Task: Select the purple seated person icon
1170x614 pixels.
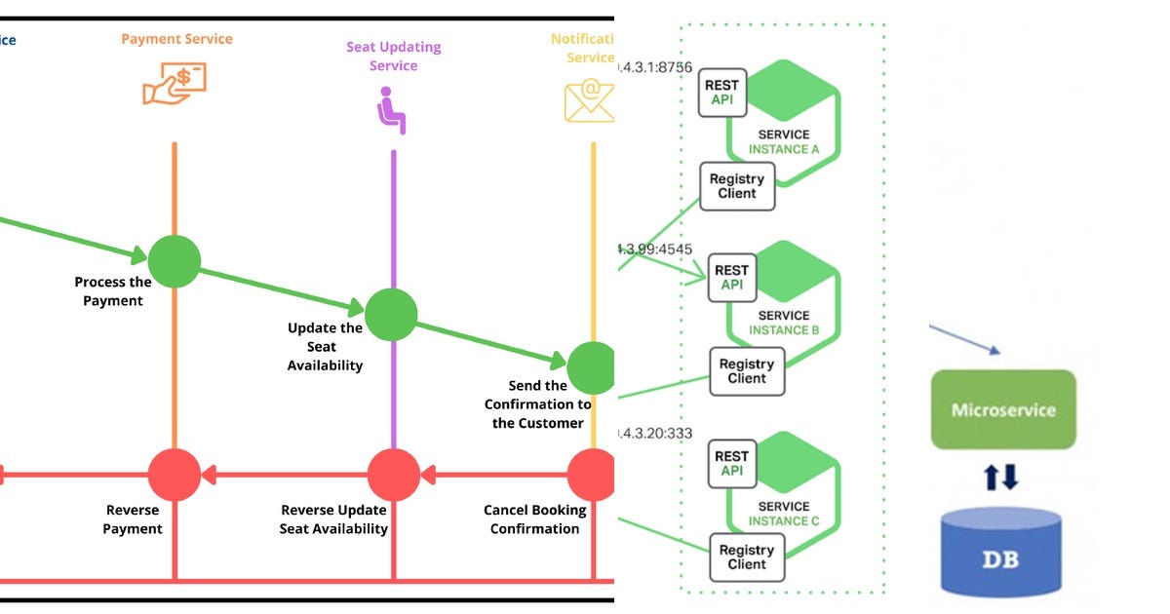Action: tap(392, 110)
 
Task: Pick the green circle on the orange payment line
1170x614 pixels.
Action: tap(175, 261)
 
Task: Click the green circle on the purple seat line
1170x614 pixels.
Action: tap(392, 315)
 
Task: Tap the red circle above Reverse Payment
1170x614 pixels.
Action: tap(175, 476)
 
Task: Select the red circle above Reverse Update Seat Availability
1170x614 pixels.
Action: tap(393, 476)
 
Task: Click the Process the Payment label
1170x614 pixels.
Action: tap(113, 291)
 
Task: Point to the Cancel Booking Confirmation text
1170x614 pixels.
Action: tap(535, 519)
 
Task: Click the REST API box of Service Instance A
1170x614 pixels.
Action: tap(722, 93)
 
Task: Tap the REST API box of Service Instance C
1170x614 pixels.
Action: tap(731, 464)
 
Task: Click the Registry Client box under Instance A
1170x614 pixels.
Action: tap(737, 186)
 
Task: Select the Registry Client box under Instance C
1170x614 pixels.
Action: tap(747, 557)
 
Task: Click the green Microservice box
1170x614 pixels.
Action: tap(1003, 409)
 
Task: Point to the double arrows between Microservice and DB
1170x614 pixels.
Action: tap(1003, 477)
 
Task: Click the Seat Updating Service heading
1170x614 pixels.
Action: tap(393, 57)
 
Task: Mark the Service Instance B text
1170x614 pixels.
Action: tap(784, 323)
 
